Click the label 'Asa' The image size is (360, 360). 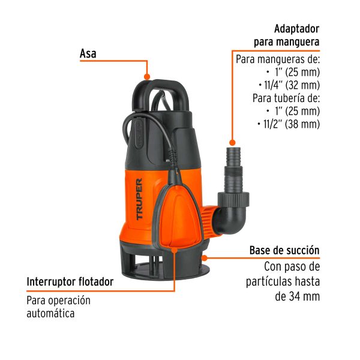pos(88,54)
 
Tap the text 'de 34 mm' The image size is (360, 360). pos(298,296)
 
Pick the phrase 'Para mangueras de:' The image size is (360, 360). pos(278,59)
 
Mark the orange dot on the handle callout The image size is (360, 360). pos(148,76)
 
